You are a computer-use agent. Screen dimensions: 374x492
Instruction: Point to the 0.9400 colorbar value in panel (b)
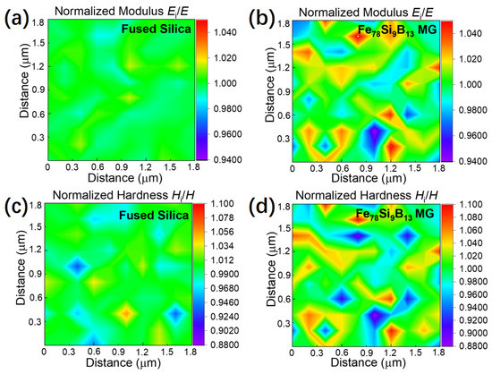tap(471, 162)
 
